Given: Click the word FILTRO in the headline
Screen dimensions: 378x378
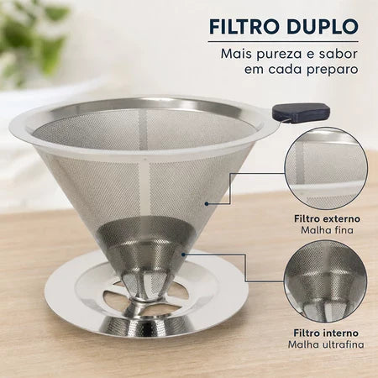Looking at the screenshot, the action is coord(242,27).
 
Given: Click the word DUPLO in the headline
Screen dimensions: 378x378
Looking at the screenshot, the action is coord(320,27).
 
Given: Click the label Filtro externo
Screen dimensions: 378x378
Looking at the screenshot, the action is coord(327,218).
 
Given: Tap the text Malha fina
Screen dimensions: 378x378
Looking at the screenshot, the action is coord(327,230).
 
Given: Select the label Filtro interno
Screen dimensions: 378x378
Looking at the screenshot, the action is coord(326,333).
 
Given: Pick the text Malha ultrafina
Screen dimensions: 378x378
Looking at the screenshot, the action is coord(326,344).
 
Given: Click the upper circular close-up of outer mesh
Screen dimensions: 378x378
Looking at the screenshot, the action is coord(326,169).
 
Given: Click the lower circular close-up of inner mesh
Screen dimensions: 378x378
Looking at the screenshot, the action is coord(325,282).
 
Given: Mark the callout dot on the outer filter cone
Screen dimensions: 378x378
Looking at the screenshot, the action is coord(207,204).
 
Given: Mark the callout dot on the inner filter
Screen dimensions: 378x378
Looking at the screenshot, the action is coord(183,255).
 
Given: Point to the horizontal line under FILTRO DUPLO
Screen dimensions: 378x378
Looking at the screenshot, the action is coord(283,42).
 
